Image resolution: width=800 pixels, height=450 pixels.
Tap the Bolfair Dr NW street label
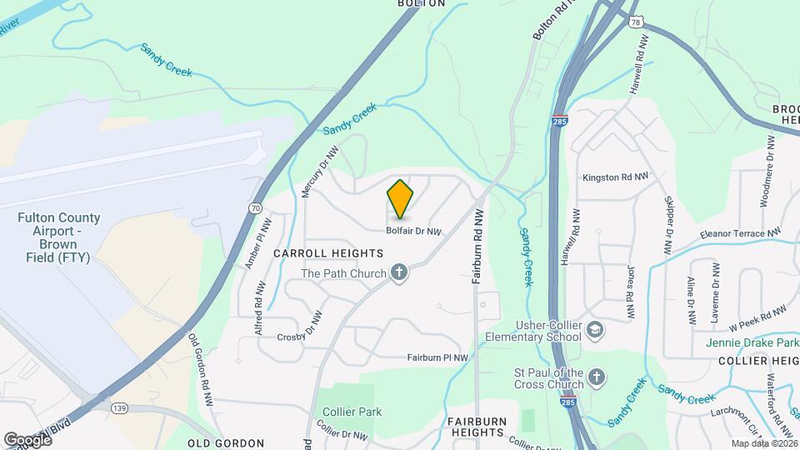coord(412,232)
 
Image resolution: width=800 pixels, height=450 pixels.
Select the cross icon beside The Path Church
coord(400,273)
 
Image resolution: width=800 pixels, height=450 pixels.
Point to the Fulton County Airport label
coord(59,237)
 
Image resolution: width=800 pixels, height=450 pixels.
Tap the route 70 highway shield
coord(254,207)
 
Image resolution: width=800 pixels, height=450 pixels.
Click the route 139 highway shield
coord(120,407)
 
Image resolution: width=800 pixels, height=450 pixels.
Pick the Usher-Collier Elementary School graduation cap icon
coord(595,330)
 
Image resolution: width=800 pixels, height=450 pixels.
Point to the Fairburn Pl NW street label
coord(437,357)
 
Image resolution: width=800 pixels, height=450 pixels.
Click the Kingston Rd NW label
coord(615,177)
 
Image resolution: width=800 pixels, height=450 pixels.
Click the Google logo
coord(27,439)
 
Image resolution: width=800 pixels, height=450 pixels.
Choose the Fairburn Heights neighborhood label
coord(477,427)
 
